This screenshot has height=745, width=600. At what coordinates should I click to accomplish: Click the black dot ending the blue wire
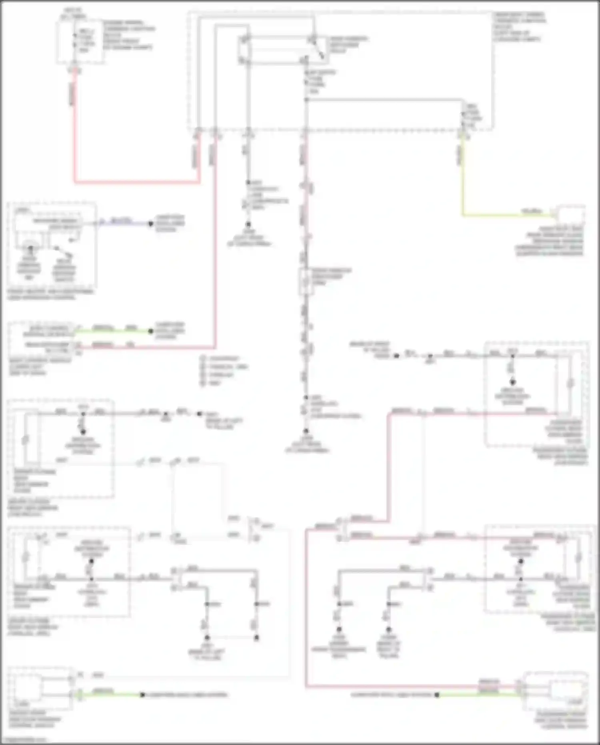point(151,224)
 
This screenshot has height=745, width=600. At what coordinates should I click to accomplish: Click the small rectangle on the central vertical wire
point(306,281)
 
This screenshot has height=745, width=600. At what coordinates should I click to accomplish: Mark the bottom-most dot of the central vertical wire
point(306,431)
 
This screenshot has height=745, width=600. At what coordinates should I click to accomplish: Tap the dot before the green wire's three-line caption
point(151,331)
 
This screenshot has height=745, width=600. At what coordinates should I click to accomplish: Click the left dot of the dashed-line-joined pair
point(207,638)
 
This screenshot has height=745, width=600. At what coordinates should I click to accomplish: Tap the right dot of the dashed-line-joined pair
point(256,638)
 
